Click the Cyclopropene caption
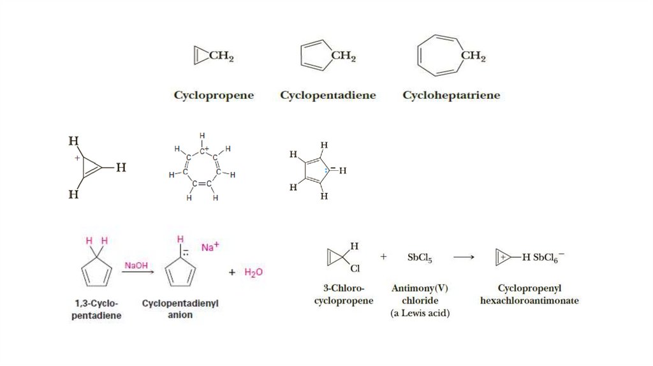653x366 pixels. (214, 96)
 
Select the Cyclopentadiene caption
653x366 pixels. (328, 96)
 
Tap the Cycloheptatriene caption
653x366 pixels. (451, 96)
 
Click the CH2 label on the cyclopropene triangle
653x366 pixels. (221, 57)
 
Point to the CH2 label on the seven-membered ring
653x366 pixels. (473, 56)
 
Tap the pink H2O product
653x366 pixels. (254, 272)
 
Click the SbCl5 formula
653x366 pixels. (420, 258)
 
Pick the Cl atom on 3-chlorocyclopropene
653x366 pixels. (355, 269)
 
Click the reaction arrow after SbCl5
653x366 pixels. (464, 258)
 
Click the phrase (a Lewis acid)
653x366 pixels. (420, 313)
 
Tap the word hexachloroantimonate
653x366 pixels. (529, 300)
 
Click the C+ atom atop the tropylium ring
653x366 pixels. (203, 151)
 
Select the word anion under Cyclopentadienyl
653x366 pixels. (180, 315)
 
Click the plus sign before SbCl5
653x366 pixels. (383, 257)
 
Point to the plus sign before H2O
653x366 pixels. (232, 272)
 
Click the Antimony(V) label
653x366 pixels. (420, 288)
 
